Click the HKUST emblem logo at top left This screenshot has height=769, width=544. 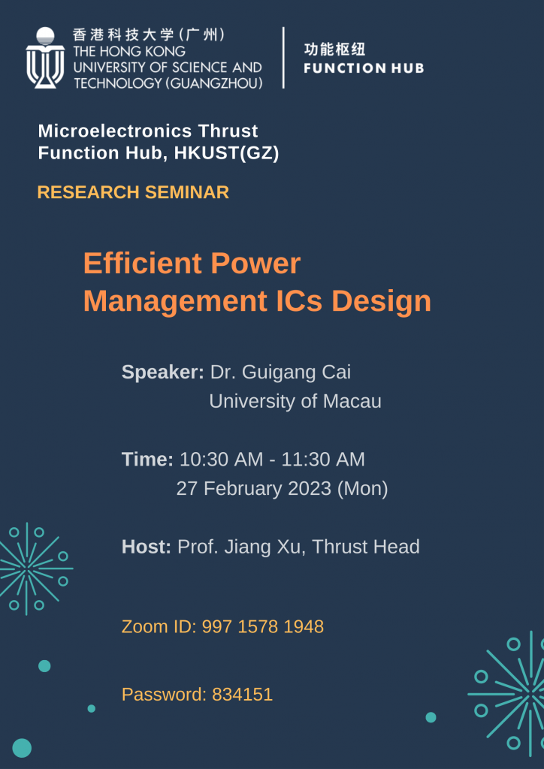click(45, 58)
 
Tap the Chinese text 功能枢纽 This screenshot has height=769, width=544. click(334, 50)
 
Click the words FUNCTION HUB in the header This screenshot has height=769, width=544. click(364, 68)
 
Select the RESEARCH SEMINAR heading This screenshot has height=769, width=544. click(133, 192)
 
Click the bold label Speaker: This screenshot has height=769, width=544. click(162, 372)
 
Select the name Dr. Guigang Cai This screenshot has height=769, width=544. click(280, 372)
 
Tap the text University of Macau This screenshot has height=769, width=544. click(295, 401)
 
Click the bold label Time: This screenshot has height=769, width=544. click(147, 459)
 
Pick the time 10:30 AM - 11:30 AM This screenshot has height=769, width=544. click(272, 459)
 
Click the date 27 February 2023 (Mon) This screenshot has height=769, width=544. click(282, 488)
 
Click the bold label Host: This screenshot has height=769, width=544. click(147, 547)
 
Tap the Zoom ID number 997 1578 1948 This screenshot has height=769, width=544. click(262, 626)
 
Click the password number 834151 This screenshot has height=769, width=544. click(242, 695)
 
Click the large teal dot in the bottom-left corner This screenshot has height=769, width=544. click(22, 748)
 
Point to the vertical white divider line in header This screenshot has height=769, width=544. click(283, 58)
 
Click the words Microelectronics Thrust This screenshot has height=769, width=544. click(148, 131)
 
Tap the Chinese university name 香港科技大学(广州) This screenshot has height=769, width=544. click(149, 35)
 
